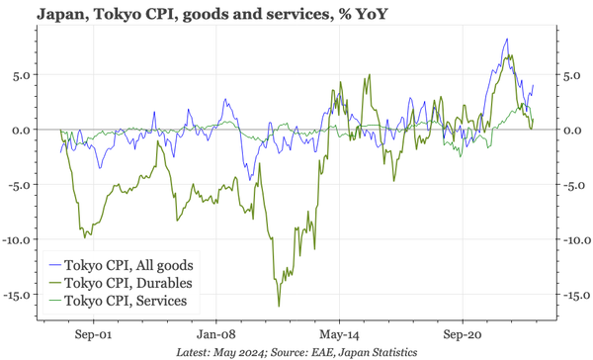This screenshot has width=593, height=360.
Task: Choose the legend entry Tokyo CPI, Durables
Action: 127,282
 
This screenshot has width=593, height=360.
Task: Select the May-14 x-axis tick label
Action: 339,333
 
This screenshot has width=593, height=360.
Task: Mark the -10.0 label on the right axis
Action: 573,239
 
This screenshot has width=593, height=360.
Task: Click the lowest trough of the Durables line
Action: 279,306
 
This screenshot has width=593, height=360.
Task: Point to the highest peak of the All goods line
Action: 507,40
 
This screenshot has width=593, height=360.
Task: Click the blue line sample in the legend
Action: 52,264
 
